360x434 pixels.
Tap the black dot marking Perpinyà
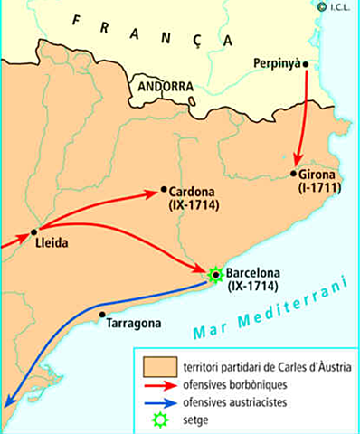tap(306, 63)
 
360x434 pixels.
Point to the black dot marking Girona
tap(294, 173)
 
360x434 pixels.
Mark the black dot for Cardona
tap(164, 190)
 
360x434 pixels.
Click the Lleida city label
tap(50, 244)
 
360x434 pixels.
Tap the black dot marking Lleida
tap(34, 231)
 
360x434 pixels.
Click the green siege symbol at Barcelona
tap(215, 273)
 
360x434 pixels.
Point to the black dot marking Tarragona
tap(101, 316)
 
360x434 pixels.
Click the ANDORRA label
tap(165, 86)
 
